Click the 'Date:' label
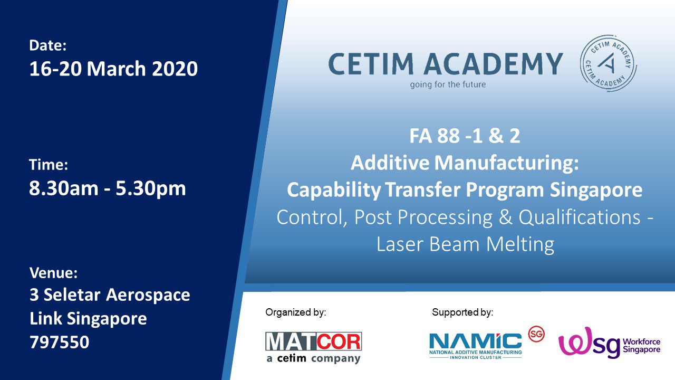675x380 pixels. [x=47, y=46]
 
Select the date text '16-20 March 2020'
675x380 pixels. [x=113, y=69]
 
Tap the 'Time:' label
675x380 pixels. [x=49, y=165]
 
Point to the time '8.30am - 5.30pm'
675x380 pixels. [x=108, y=189]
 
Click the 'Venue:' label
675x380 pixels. [x=53, y=273]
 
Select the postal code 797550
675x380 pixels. [x=60, y=342]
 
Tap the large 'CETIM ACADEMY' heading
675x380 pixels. [x=446, y=64]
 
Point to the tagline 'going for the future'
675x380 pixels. [x=448, y=84]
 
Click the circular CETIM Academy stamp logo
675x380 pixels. [x=608, y=63]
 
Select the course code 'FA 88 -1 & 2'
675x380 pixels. [x=465, y=136]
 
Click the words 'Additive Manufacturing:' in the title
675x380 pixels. [x=465, y=163]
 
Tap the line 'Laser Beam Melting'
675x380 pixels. [x=465, y=244]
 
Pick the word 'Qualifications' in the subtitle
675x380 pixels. [x=579, y=217]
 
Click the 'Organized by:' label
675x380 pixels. [x=296, y=312]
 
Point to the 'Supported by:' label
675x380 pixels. [x=462, y=312]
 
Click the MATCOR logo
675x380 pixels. [x=313, y=348]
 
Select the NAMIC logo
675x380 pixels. [x=476, y=346]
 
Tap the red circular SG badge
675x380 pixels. [x=536, y=334]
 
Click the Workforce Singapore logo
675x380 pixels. [x=609, y=343]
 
